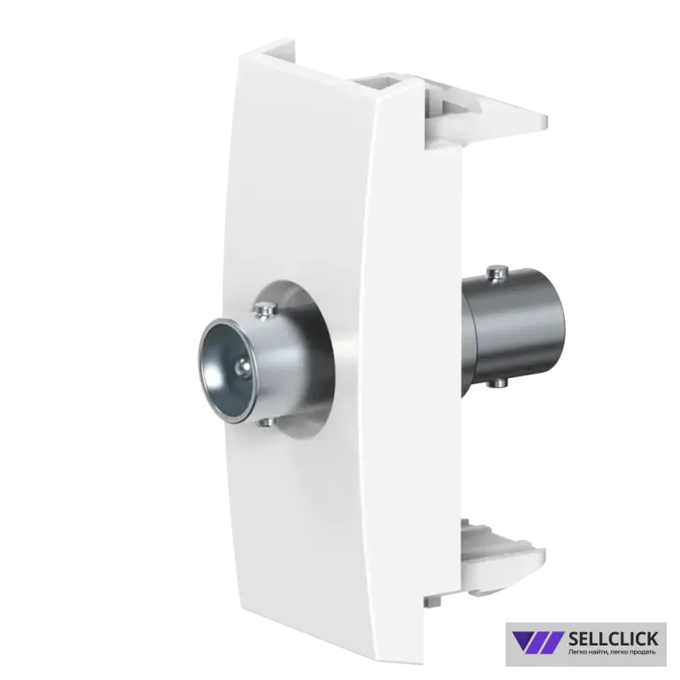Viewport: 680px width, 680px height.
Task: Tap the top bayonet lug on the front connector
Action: click(264, 310)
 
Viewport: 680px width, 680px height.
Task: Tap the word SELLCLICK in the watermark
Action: click(613, 638)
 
